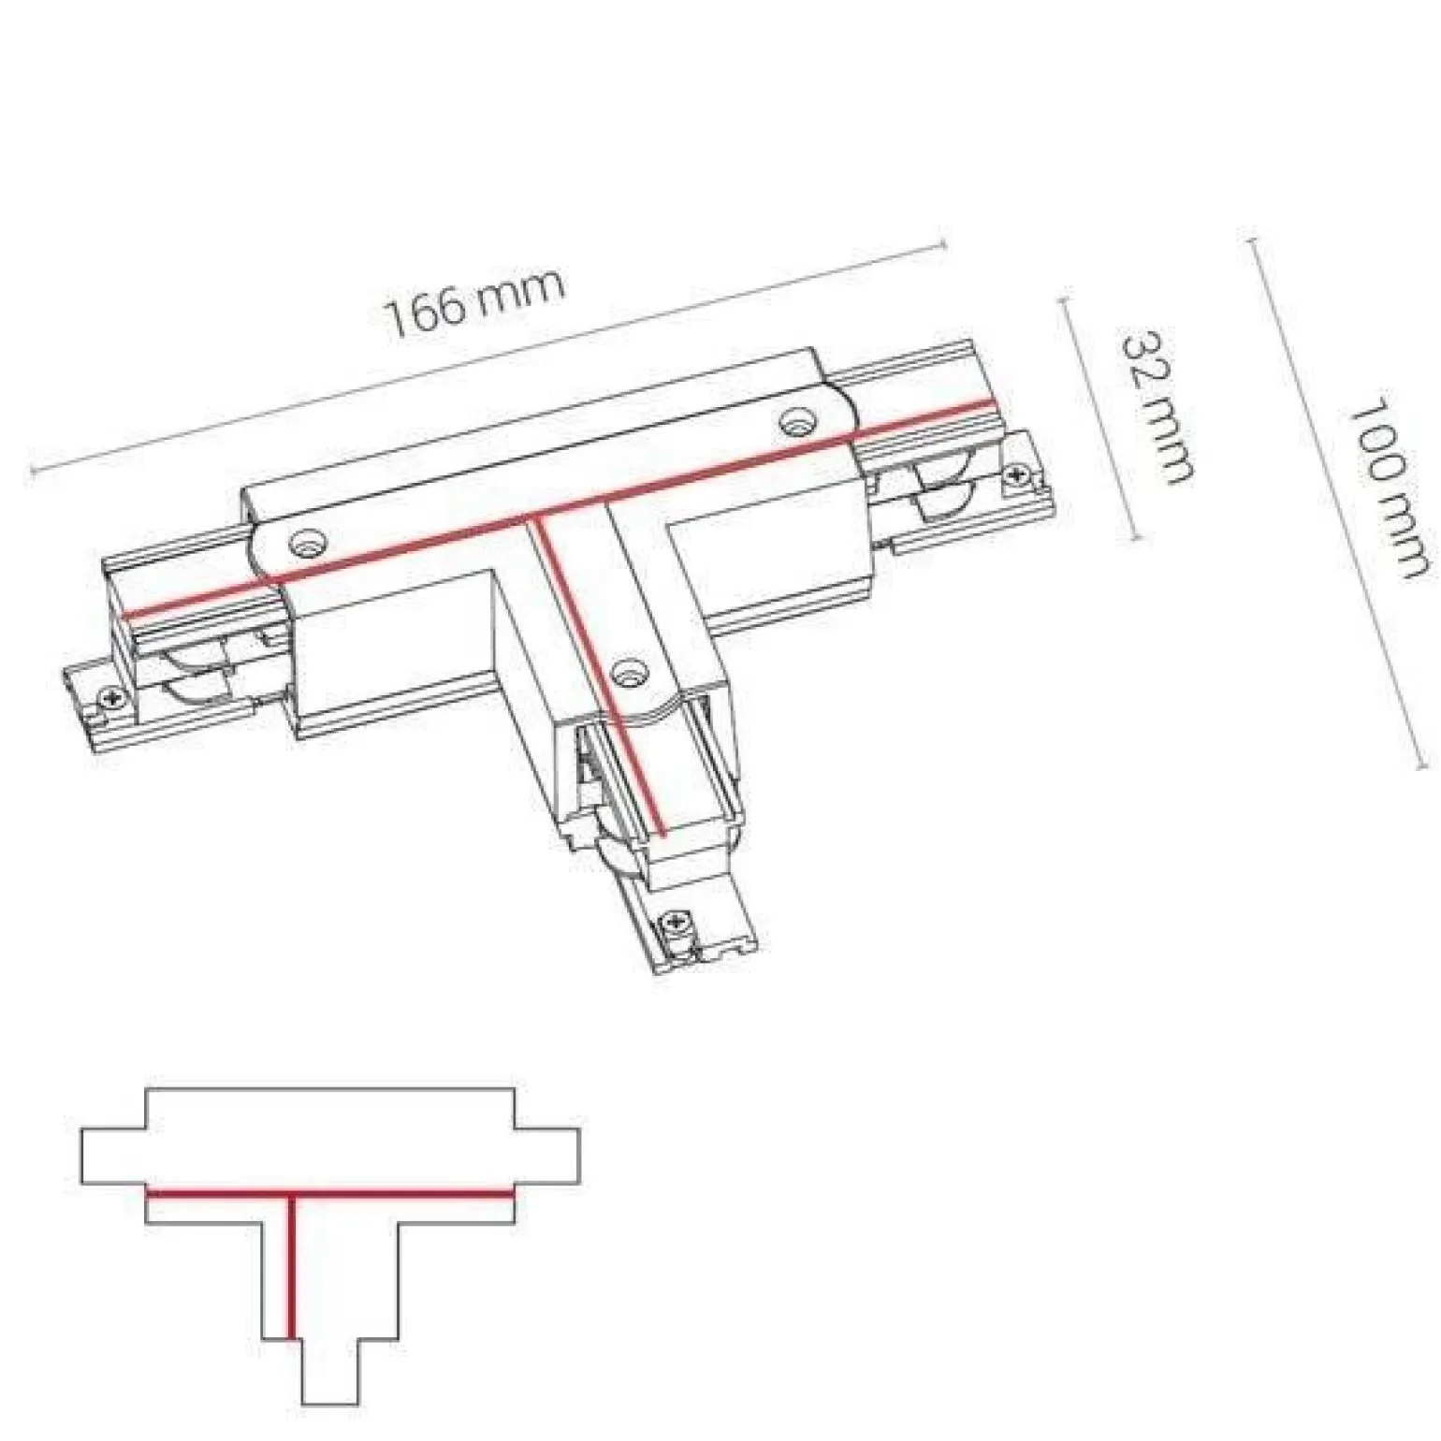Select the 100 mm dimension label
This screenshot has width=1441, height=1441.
point(1386,488)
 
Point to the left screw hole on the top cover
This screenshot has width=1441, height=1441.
point(307,543)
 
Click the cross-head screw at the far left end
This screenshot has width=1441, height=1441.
point(113,697)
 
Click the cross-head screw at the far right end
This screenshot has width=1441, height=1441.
point(1017,476)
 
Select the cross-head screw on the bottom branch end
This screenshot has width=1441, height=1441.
point(675,926)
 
